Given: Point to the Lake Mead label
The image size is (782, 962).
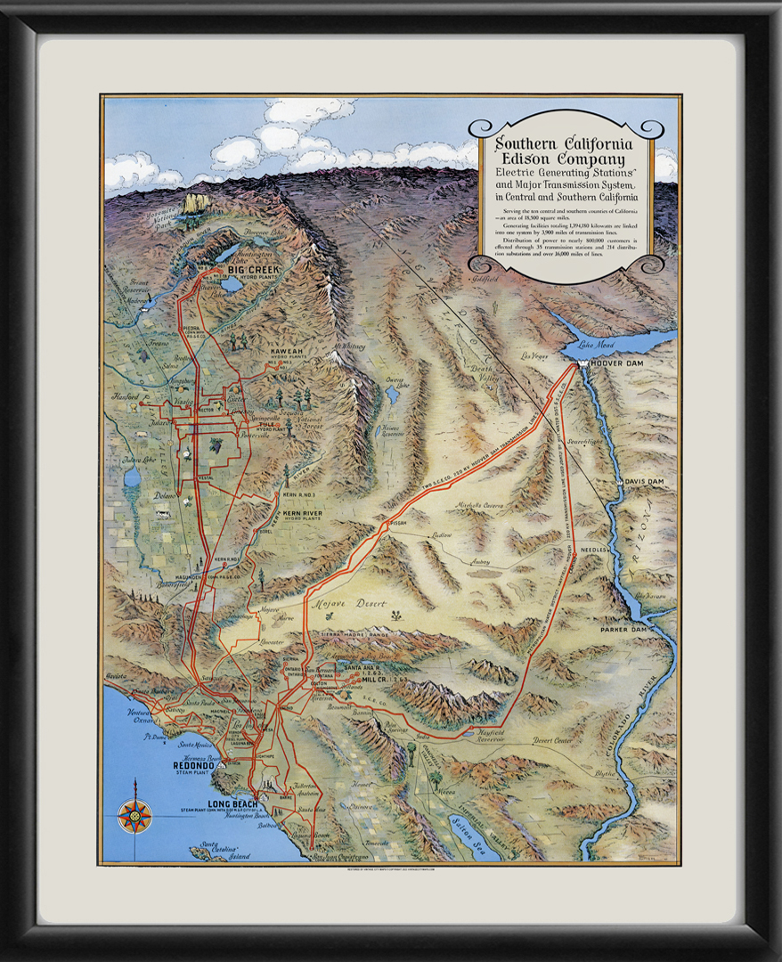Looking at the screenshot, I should coord(597,345).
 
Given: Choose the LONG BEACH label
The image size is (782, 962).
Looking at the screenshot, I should coord(232,804).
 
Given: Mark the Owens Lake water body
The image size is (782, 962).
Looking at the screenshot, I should coord(392,393).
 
